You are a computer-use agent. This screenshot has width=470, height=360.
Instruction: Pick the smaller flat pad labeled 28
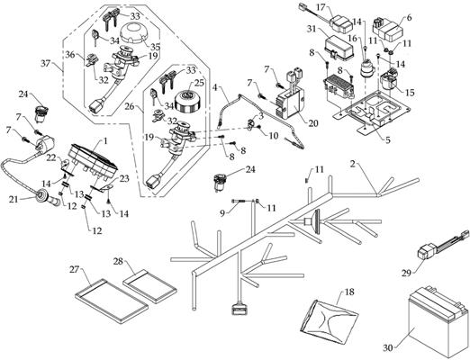(x=150, y=285)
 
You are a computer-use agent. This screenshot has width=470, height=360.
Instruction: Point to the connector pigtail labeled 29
(x=441, y=243)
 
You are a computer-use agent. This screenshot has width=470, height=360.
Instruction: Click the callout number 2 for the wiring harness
(x=353, y=164)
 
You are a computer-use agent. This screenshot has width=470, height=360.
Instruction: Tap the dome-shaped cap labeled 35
(x=134, y=33)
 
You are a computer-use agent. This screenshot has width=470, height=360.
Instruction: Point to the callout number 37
(x=47, y=63)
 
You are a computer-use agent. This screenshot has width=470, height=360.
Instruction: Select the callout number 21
(x=14, y=199)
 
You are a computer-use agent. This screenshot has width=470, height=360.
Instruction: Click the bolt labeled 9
(x=240, y=202)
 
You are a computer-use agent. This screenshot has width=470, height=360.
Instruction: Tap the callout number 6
(x=410, y=17)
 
